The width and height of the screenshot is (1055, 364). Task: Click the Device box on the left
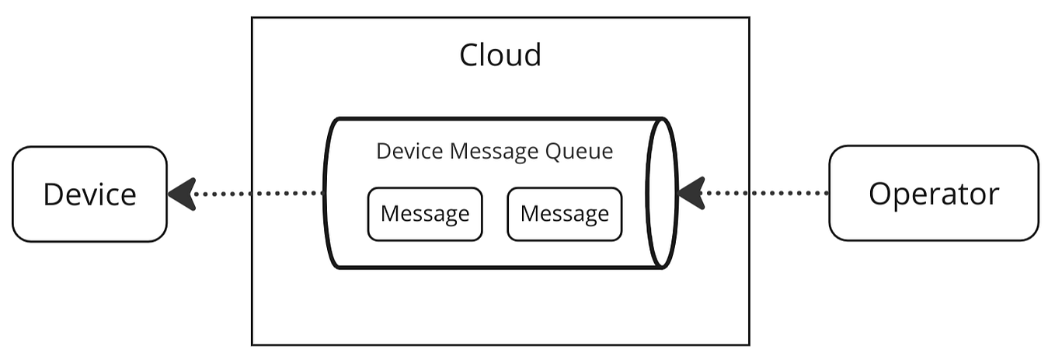(89, 194)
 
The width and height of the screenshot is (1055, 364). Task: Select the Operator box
(933, 193)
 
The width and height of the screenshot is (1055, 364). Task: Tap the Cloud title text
(500, 55)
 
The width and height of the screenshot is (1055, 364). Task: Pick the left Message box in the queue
(425, 214)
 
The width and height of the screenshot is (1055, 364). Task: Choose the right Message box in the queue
(564, 214)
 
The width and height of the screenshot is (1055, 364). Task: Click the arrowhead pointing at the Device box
(182, 194)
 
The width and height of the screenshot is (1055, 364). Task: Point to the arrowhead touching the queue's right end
(691, 193)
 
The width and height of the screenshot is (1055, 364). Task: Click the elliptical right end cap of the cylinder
(663, 193)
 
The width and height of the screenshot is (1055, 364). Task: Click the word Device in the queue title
(404, 151)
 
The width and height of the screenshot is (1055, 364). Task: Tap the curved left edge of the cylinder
(326, 193)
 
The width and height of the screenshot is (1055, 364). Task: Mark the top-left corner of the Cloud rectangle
(252, 18)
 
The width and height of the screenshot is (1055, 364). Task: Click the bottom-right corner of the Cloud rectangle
(749, 344)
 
